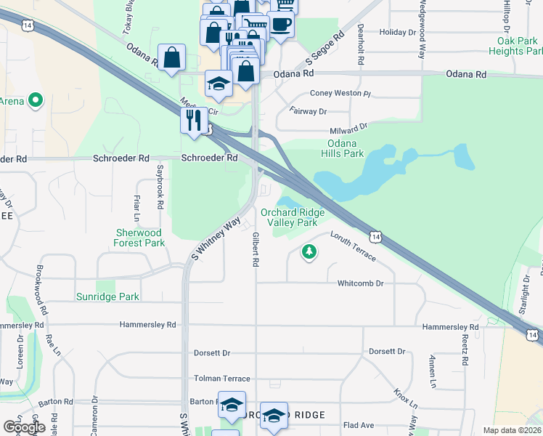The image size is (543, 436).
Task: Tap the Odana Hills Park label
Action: click(342, 148)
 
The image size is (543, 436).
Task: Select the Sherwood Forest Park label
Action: click(140, 238)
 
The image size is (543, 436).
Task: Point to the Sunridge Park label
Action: click(107, 296)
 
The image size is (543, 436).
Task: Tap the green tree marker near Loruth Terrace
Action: click(310, 252)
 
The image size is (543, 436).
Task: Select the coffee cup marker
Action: click(280, 24)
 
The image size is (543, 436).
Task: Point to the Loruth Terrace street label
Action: click(354, 246)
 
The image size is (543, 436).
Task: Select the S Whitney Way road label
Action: click(216, 238)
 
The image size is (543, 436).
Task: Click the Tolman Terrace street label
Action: click(221, 379)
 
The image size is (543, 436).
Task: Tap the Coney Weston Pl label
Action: click(340, 94)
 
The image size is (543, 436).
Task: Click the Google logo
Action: click(24, 427)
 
